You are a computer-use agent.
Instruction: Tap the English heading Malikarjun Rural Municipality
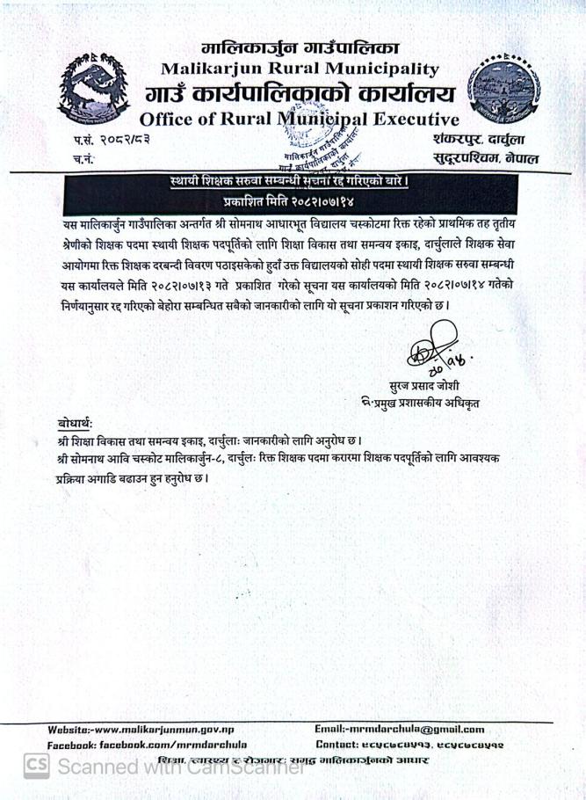pyautogui.click(x=300, y=68)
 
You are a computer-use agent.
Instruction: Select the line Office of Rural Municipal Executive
pyautogui.click(x=299, y=120)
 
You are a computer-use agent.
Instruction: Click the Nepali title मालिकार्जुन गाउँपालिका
pyautogui.click(x=299, y=47)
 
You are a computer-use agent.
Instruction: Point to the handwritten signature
pyautogui.click(x=434, y=348)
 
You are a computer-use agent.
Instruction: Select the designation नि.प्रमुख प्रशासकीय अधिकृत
pyautogui.click(x=419, y=404)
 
